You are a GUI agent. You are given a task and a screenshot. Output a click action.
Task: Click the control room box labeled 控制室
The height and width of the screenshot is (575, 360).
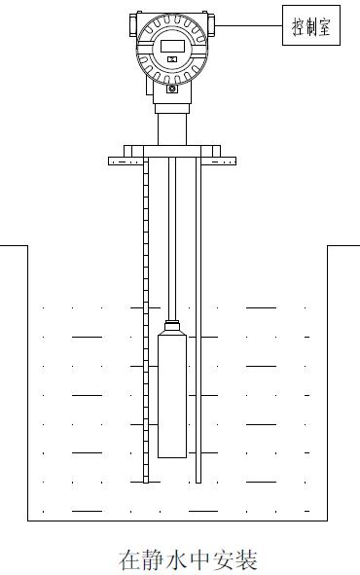point(311,25)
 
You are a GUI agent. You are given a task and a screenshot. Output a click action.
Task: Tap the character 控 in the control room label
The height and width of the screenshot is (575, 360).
point(298,26)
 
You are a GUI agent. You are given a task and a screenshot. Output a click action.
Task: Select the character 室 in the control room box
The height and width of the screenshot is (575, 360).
point(324,26)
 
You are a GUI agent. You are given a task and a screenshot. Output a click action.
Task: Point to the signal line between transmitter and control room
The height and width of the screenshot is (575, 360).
point(248,25)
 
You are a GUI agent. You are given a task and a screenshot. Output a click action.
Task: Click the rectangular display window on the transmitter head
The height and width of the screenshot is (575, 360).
point(172,46)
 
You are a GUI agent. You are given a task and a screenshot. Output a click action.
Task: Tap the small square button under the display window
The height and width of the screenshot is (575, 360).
point(172,59)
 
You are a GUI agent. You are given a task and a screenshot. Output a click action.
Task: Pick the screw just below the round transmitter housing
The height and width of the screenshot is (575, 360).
point(172,89)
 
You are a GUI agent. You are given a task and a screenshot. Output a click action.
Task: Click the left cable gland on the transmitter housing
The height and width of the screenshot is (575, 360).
point(133,24)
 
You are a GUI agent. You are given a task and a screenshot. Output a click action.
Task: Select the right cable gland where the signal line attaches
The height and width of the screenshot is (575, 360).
point(210,24)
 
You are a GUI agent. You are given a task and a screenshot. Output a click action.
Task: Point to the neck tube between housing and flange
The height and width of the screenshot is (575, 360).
point(172,129)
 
